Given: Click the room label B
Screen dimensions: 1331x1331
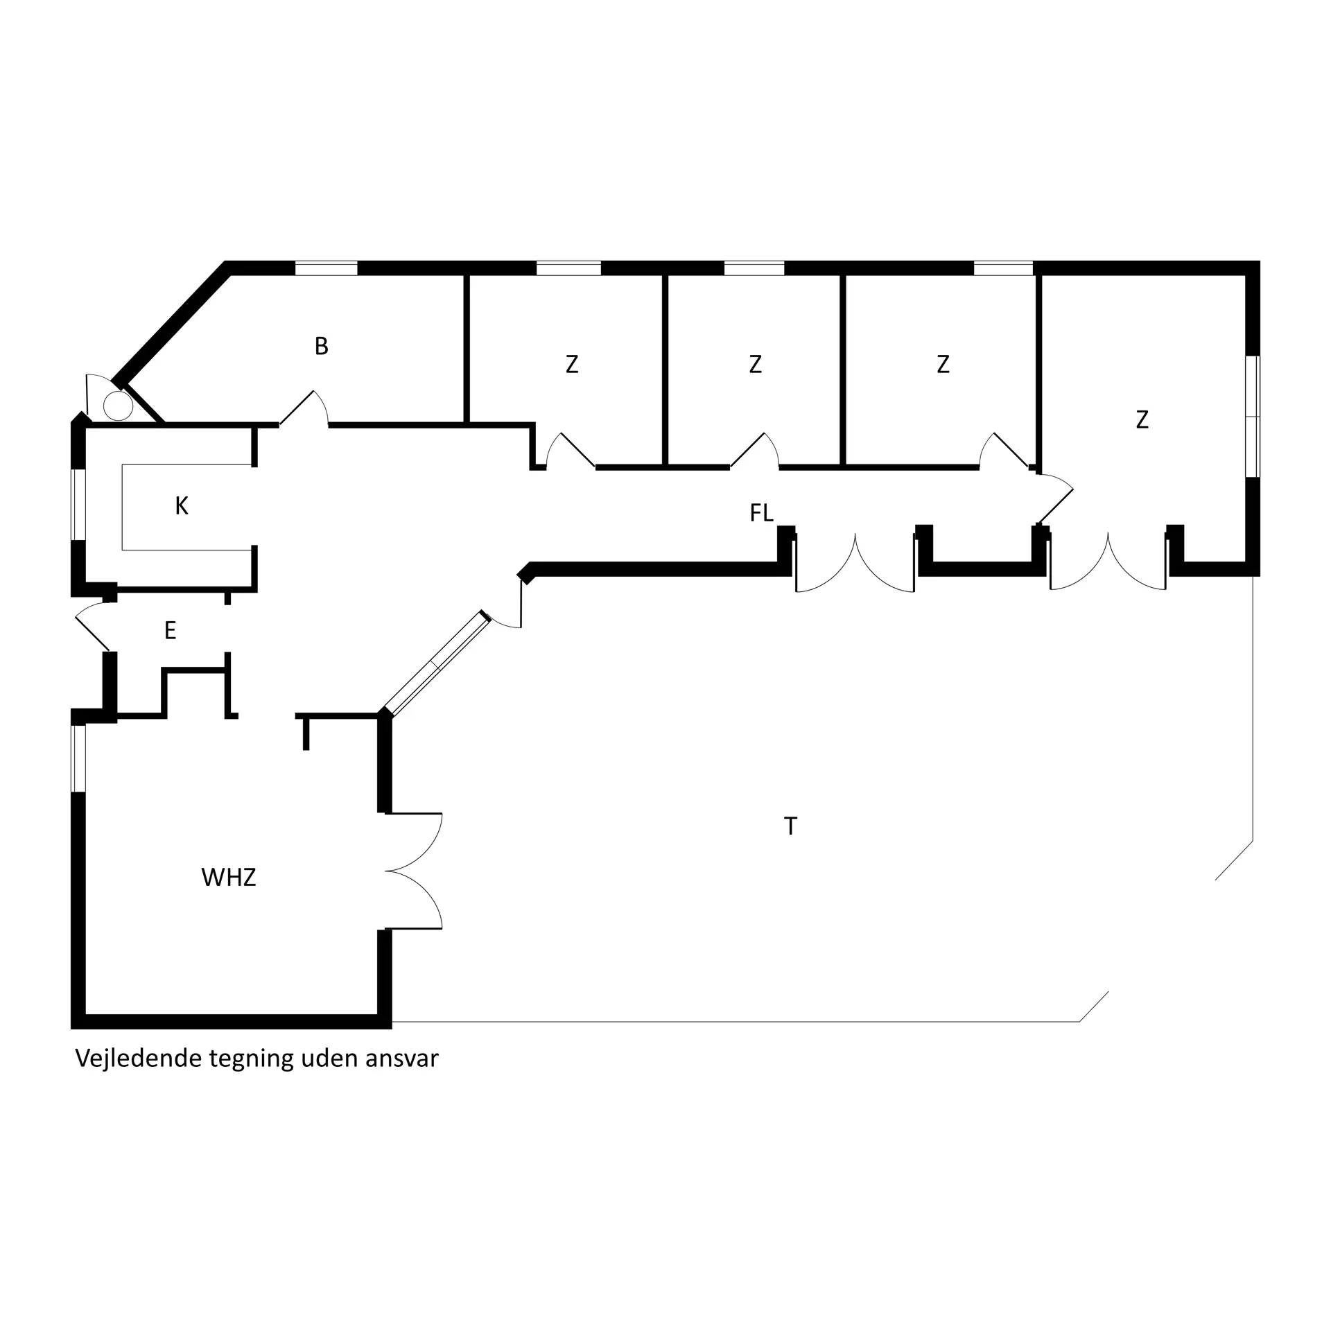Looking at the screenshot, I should click(321, 346).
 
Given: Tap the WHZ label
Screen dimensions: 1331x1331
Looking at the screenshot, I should click(229, 878).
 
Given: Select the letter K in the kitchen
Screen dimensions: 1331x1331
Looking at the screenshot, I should click(182, 506).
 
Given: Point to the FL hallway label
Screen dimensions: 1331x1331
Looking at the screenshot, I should click(761, 513).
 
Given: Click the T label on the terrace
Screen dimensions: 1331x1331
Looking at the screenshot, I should click(790, 826).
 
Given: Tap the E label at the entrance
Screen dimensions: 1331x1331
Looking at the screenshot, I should click(170, 630).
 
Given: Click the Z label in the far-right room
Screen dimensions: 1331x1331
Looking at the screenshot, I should click(1142, 419).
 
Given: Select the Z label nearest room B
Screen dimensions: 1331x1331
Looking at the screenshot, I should click(572, 364).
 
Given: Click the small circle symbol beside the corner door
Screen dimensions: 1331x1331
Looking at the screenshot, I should click(119, 406).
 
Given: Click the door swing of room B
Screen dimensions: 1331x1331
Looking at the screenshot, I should click(305, 408).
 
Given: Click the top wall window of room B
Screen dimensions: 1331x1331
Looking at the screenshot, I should click(327, 268).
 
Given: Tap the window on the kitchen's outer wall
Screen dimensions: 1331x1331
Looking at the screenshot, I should click(78, 505).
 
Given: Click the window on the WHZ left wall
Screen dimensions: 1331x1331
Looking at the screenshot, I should click(78, 758).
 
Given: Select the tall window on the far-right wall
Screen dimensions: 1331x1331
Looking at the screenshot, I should click(1252, 417).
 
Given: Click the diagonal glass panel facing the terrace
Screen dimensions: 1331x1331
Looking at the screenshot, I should click(435, 663).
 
